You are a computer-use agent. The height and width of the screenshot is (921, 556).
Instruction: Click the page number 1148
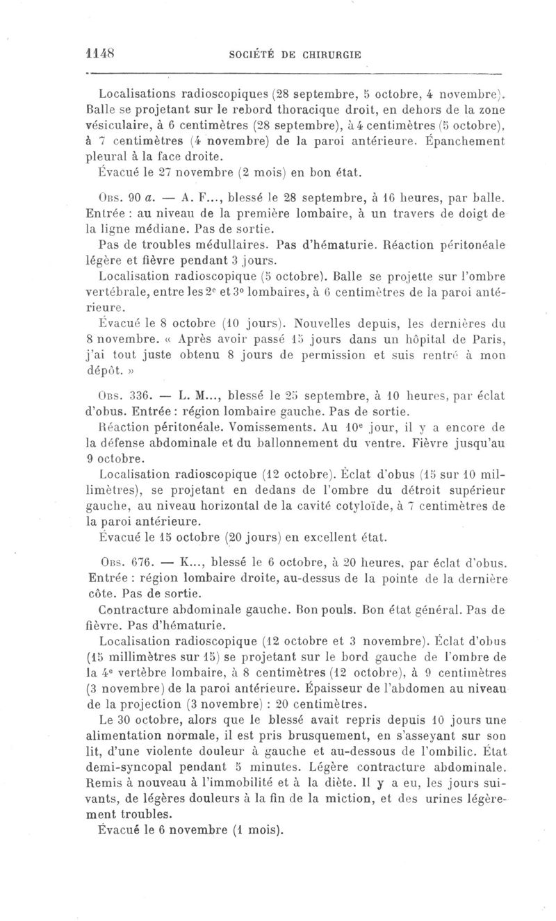[99, 53]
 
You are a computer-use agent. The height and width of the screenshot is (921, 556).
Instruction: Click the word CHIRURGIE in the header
[328, 56]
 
